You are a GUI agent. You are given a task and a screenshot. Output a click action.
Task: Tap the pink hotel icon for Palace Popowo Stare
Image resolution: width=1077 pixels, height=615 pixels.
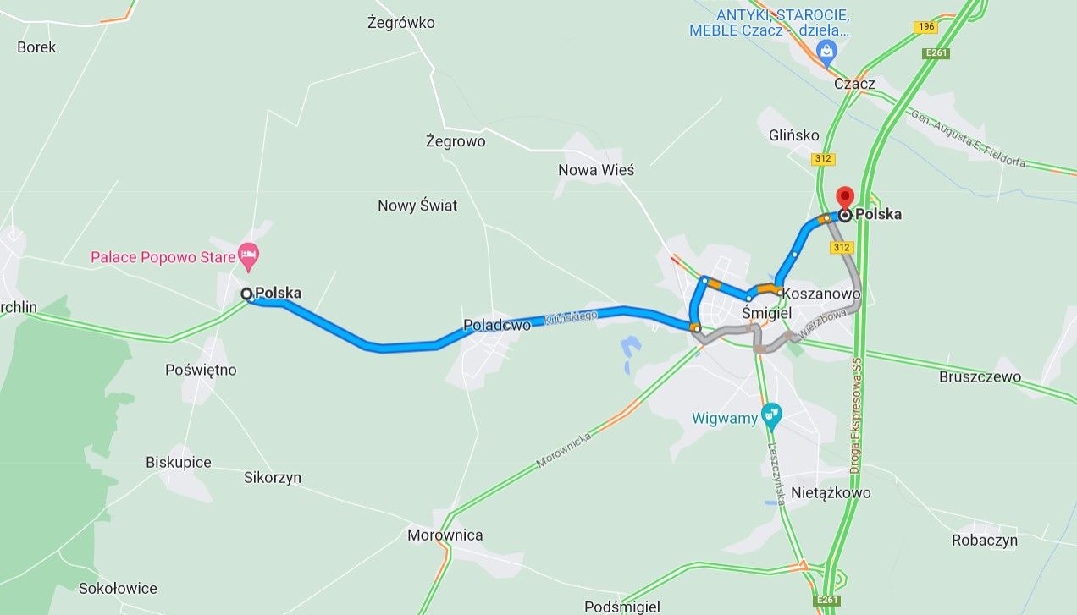pyautogui.click(x=248, y=254)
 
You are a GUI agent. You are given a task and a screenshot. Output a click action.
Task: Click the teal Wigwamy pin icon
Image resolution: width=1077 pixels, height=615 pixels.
pyautogui.click(x=771, y=415)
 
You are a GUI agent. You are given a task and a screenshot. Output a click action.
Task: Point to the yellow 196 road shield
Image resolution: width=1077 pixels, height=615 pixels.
pyautogui.click(x=925, y=27)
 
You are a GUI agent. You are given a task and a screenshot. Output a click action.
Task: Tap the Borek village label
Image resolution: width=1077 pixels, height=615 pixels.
pyautogui.click(x=36, y=47)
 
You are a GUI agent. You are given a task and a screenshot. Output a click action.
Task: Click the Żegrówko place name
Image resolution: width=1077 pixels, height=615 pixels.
pyautogui.click(x=401, y=23)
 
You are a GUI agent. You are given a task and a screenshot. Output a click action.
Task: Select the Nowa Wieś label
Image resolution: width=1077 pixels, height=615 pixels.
pyautogui.click(x=596, y=170)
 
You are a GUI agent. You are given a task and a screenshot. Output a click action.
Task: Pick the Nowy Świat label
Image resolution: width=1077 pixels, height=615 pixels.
pyautogui.click(x=417, y=206)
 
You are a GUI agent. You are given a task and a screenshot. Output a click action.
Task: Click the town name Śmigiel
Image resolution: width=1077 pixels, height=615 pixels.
pyautogui.click(x=766, y=313)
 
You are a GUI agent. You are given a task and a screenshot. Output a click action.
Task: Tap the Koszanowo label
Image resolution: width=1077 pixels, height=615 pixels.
pyautogui.click(x=822, y=294)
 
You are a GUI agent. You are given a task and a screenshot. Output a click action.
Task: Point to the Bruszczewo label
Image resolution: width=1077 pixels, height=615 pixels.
pyautogui.click(x=980, y=376)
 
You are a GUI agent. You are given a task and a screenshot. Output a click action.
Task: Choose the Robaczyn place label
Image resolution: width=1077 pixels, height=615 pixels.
pyautogui.click(x=984, y=540)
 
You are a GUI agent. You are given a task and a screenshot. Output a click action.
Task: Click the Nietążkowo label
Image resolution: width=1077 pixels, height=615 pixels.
pyautogui.click(x=830, y=492)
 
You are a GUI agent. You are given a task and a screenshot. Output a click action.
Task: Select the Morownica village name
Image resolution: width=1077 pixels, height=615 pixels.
pyautogui.click(x=445, y=535)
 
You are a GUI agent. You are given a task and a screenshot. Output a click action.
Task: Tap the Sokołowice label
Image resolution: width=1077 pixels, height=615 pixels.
pyautogui.click(x=117, y=588)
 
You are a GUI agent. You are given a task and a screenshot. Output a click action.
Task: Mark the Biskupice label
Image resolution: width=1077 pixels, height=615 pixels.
pyautogui.click(x=179, y=462)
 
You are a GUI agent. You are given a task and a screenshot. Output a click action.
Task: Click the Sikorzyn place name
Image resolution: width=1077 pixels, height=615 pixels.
pyautogui.click(x=273, y=478)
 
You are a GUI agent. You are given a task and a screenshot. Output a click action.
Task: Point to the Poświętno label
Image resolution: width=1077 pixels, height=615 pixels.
pyautogui.click(x=202, y=370)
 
